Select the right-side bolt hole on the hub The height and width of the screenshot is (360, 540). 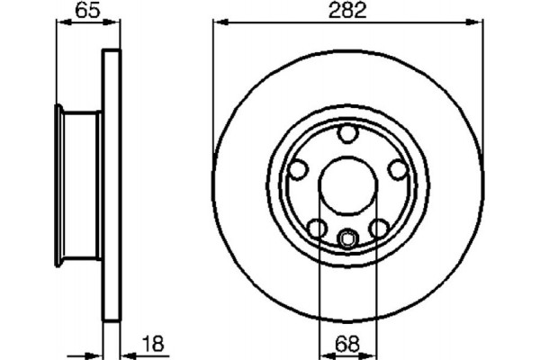(x=396, y=168)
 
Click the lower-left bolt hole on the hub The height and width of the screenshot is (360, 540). (x=318, y=228)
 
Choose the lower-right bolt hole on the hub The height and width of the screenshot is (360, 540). (x=379, y=228)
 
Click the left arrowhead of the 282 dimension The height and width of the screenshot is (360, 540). (x=219, y=22)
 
